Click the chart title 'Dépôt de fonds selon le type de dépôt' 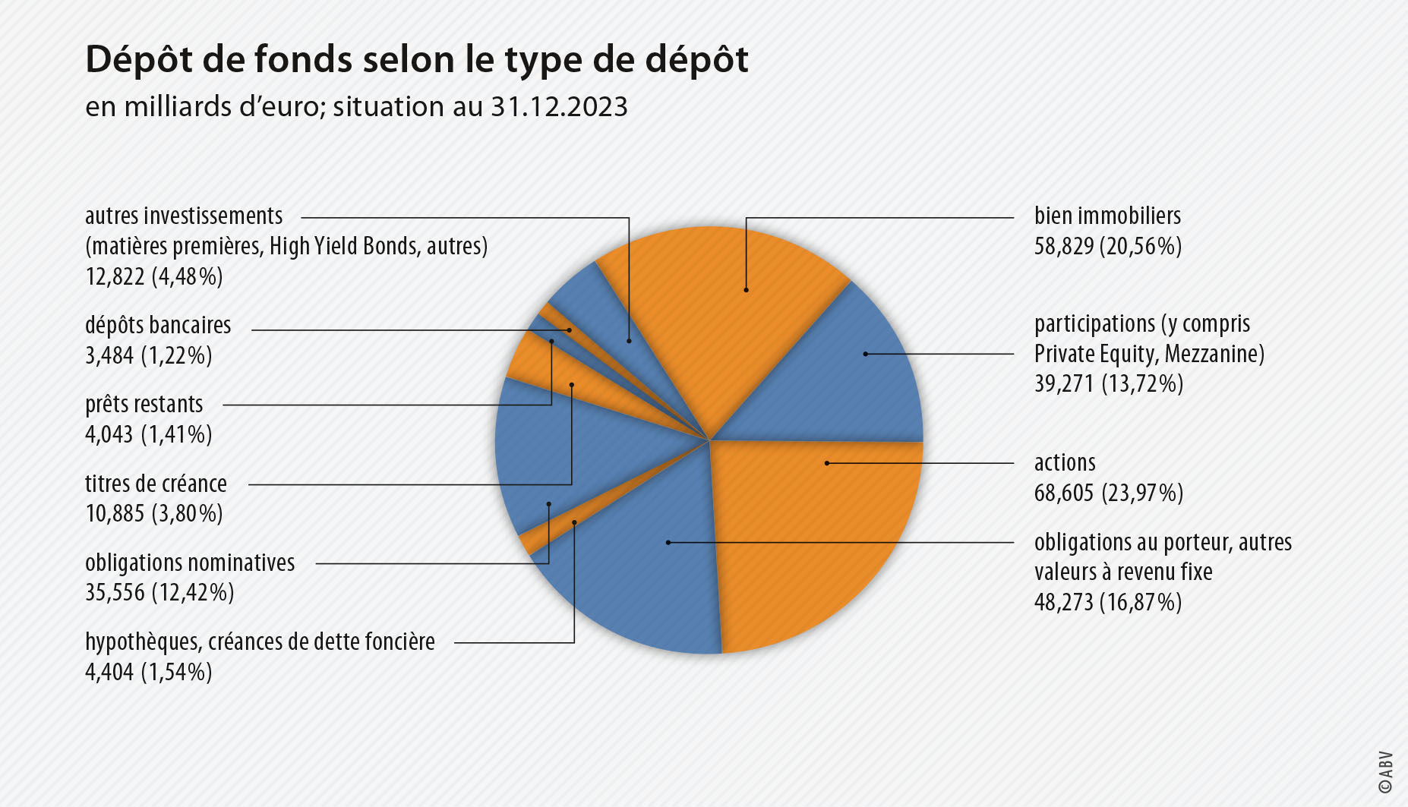click(x=417, y=59)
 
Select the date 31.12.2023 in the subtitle click(x=559, y=107)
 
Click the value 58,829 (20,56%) click(x=1107, y=247)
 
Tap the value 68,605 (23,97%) click(x=1108, y=493)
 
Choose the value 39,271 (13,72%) click(x=1108, y=384)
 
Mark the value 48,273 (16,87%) click(x=1107, y=603)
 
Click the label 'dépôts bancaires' click(x=158, y=326)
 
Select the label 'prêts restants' click(x=144, y=405)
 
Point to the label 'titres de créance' click(x=156, y=484)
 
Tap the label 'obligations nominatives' click(x=190, y=563)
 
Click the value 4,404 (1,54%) click(x=149, y=673)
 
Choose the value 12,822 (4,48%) click(x=154, y=277)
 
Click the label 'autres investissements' click(x=184, y=216)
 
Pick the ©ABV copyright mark click(x=1386, y=772)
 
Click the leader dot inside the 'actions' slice click(x=826, y=463)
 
